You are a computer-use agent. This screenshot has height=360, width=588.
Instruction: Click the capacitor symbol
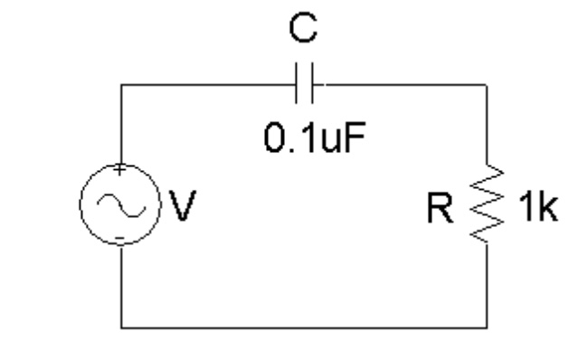[305, 85]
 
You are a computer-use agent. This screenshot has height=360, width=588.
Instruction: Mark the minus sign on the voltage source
[121, 240]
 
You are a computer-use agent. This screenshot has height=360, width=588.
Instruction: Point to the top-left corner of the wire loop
[121, 86]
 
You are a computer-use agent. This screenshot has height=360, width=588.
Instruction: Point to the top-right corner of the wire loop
[488, 86]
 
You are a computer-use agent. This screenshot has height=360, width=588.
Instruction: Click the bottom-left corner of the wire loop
[121, 325]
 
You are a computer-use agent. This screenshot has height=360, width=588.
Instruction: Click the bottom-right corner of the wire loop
[488, 325]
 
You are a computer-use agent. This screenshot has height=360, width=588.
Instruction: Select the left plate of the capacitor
[299, 85]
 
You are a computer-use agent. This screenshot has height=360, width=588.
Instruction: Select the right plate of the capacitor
[310, 85]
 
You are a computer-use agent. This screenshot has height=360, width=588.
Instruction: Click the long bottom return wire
[305, 325]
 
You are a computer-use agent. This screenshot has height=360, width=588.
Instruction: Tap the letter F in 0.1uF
[357, 141]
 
